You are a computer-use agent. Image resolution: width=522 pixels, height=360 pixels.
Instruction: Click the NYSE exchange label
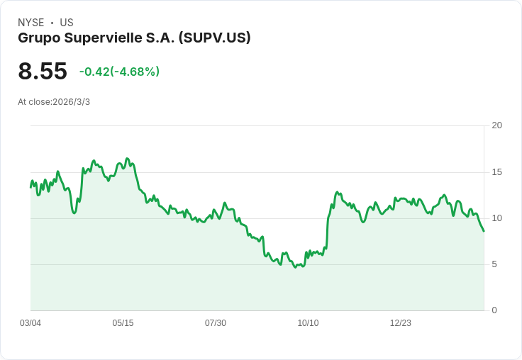[x=30, y=23]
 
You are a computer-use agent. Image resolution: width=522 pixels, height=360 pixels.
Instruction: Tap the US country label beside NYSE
[x=67, y=23]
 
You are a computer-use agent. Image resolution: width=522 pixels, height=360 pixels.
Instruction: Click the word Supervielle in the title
[x=106, y=38]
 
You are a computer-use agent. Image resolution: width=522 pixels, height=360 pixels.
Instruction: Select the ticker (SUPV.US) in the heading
[x=215, y=38]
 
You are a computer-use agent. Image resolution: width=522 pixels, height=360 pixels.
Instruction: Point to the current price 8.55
[x=43, y=71]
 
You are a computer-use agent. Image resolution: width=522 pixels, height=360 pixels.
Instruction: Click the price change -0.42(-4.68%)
[x=119, y=72]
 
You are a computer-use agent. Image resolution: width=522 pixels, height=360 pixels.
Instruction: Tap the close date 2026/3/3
[x=71, y=102]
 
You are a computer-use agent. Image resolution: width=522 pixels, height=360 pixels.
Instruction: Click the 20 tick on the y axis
[x=496, y=125]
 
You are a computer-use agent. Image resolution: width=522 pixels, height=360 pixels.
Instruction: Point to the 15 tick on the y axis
[x=496, y=172]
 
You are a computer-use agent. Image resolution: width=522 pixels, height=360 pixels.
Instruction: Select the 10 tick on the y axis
[x=496, y=218]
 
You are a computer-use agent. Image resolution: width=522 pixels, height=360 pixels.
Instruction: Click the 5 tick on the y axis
[x=494, y=264]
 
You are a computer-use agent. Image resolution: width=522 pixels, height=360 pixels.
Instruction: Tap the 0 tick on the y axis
[x=494, y=310]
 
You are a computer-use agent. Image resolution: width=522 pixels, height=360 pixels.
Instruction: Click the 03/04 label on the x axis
[x=30, y=323]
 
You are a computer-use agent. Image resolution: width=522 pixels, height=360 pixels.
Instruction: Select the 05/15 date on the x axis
[x=123, y=323]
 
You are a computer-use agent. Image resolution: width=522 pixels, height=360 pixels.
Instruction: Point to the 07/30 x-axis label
[x=216, y=323]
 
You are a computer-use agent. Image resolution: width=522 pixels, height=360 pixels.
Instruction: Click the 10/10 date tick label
[x=308, y=323]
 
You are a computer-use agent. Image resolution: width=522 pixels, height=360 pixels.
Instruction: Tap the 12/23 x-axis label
[x=401, y=323]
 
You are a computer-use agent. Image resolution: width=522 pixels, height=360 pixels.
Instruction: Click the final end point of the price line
[x=484, y=231]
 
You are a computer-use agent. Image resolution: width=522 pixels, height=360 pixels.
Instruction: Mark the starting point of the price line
[x=30, y=187]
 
